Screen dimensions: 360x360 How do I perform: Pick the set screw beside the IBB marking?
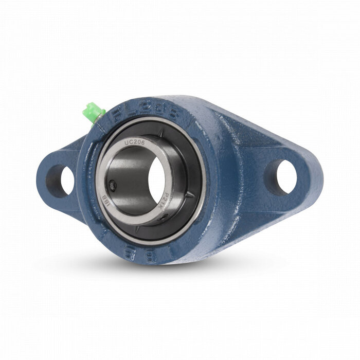pyautogui.click(x=112, y=184)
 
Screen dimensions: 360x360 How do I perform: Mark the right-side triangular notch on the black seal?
pyautogui.click(x=190, y=195)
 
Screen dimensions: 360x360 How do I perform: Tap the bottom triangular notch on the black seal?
pyautogui.click(x=135, y=230)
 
